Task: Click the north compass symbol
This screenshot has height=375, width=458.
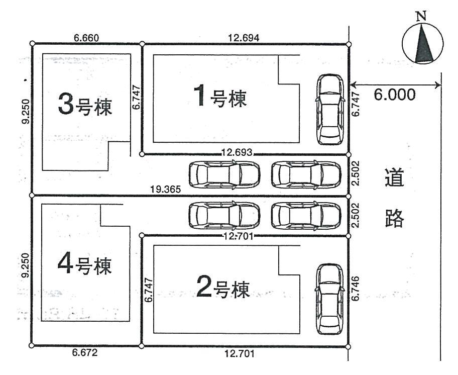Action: point(422,44)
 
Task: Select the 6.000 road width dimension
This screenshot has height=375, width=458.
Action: point(395,95)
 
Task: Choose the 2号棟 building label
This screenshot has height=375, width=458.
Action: point(221,288)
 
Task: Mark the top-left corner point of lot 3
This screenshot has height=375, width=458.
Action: point(32,44)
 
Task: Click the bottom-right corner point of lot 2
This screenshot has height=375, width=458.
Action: point(349,346)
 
